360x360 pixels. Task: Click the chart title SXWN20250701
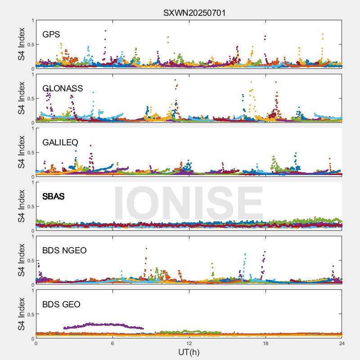coord(194,13)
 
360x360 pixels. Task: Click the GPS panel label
coord(51,34)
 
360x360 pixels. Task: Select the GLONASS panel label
coord(63,88)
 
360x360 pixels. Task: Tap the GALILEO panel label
coord(60,142)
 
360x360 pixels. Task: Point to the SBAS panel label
coord(53,196)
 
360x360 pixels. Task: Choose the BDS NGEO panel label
coord(64,250)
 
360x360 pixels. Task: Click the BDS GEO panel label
coord(61,305)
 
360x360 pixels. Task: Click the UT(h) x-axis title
coord(189,352)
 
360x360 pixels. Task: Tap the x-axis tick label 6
coord(112,343)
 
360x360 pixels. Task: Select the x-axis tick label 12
coord(189,343)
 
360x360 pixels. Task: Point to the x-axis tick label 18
coord(265,343)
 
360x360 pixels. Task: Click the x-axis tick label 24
coord(342,343)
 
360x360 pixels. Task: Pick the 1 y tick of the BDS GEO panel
coord(32,290)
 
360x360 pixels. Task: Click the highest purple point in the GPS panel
coord(105,31)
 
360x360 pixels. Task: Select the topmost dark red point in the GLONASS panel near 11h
coord(175,80)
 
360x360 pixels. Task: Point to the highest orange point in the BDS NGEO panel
coord(146,248)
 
